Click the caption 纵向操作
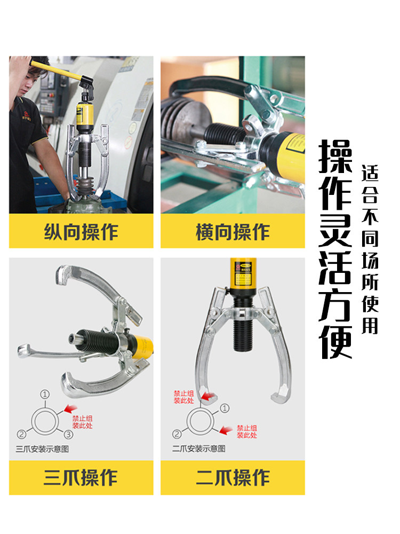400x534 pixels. (81, 232)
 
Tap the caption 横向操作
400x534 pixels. (233, 232)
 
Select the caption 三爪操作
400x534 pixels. (81, 477)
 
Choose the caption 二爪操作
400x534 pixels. (233, 477)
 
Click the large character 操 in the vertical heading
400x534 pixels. (335, 156)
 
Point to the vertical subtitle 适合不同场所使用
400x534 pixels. (370, 249)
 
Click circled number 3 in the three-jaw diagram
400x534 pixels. (68, 434)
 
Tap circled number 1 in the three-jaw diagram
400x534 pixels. (45, 395)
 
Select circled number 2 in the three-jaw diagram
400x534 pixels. (21, 434)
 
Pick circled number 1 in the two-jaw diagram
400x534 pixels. (225, 408)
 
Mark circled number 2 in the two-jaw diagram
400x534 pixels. (177, 434)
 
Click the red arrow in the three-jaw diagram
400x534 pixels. (70, 409)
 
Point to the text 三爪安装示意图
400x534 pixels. (42, 449)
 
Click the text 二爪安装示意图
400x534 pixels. (198, 449)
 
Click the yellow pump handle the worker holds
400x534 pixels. (56, 70)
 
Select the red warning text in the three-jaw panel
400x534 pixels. (82, 422)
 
